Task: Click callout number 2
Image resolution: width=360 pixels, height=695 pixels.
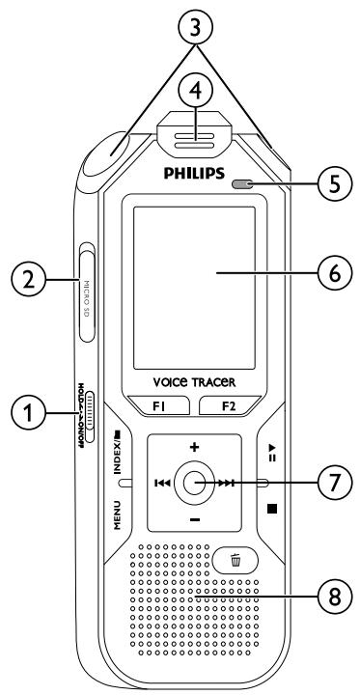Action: [23, 281]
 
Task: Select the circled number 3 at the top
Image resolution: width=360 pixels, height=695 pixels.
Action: [197, 32]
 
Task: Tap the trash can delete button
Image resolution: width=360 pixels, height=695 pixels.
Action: [235, 560]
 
